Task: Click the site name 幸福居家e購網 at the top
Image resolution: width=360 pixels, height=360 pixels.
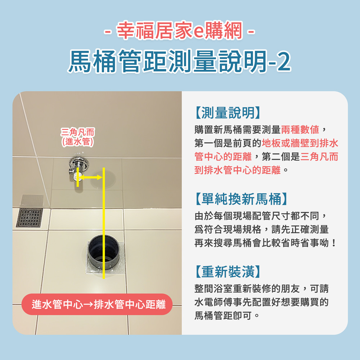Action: pos(179,31)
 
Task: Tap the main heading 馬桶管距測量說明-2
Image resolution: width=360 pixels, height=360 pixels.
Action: pos(179,61)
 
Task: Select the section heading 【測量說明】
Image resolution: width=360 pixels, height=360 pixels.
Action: pos(228,113)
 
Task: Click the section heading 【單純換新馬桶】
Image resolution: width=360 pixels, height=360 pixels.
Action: pos(241,199)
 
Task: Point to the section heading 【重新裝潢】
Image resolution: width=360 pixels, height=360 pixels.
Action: pos(228,271)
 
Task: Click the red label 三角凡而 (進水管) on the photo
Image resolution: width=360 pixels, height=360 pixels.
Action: pos(78,137)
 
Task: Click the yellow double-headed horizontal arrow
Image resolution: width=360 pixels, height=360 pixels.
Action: pos(91,177)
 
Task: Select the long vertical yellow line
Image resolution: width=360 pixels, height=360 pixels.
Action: pos(104,223)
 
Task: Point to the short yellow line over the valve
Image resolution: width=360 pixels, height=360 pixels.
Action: pos(78,177)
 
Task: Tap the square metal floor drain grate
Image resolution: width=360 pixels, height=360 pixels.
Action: pos(30,218)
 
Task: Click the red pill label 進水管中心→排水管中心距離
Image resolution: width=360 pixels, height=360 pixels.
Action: pos(97,304)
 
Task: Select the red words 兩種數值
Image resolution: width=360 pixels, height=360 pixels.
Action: pos(300,130)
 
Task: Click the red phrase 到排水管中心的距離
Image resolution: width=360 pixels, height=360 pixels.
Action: pos(237,170)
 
